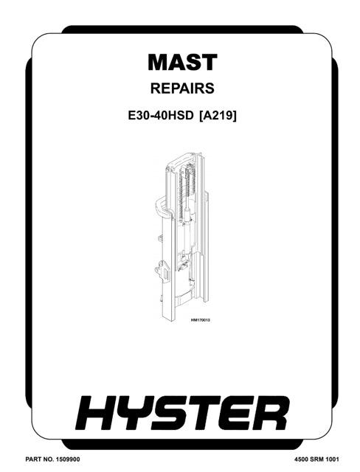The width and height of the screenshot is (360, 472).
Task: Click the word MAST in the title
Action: coord(182,62)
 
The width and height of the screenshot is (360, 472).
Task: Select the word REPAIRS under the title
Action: coord(182,88)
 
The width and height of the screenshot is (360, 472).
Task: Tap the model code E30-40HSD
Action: coord(160,116)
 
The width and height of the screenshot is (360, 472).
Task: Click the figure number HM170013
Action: coord(200,320)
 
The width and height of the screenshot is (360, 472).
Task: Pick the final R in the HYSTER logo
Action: coord(269,413)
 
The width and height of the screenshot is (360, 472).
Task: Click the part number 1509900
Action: coord(67,459)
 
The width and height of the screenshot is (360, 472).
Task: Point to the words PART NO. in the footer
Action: coord(39,459)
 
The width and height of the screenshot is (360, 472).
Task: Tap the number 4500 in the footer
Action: coord(301,459)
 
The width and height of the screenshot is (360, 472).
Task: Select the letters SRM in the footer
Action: coord(316,459)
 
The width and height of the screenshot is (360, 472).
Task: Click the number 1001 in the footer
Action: coord(332,459)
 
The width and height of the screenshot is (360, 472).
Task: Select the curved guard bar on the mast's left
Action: coord(159,205)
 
